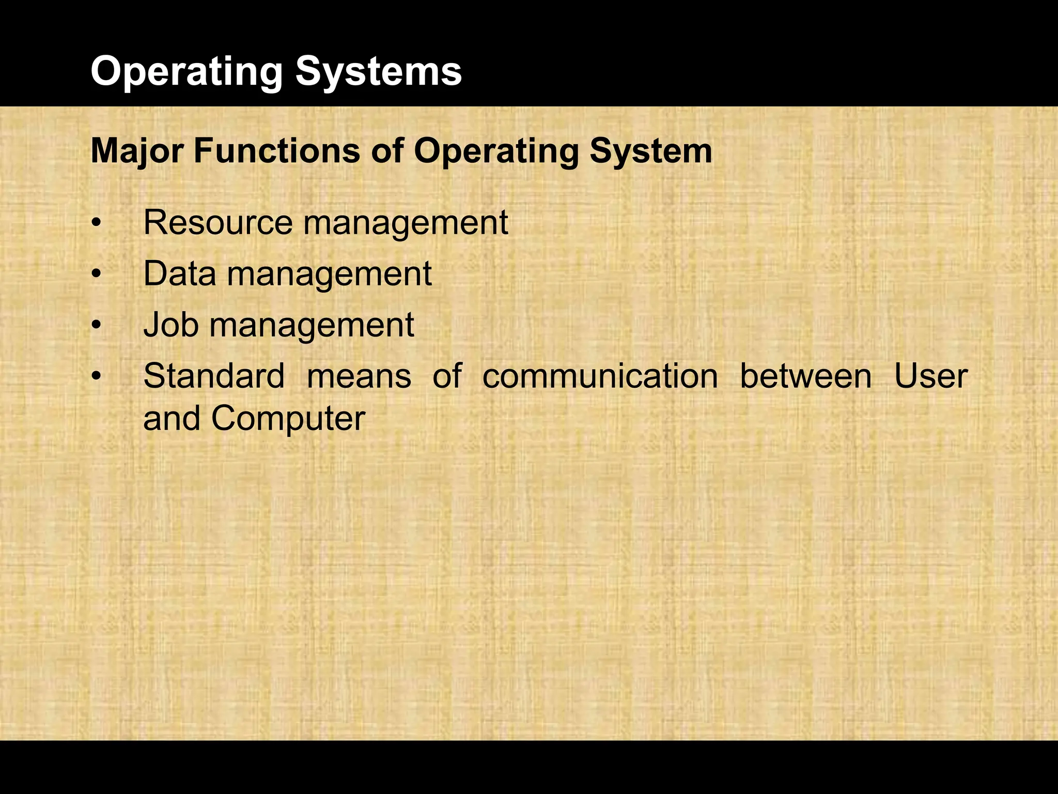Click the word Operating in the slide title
tap(186, 72)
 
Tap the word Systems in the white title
tap(379, 72)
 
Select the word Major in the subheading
tap(137, 151)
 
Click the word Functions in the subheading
tap(277, 151)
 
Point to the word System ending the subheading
tap(651, 151)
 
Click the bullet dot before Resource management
tap(95, 224)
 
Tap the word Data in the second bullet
tap(179, 273)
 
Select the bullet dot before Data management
tap(95, 275)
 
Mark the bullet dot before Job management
tap(95, 326)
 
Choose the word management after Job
tap(312, 326)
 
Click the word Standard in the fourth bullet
tap(214, 376)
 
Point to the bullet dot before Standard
tap(95, 377)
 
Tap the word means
tap(359, 377)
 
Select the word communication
tap(600, 376)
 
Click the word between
tap(806, 376)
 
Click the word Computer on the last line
tap(288, 419)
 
